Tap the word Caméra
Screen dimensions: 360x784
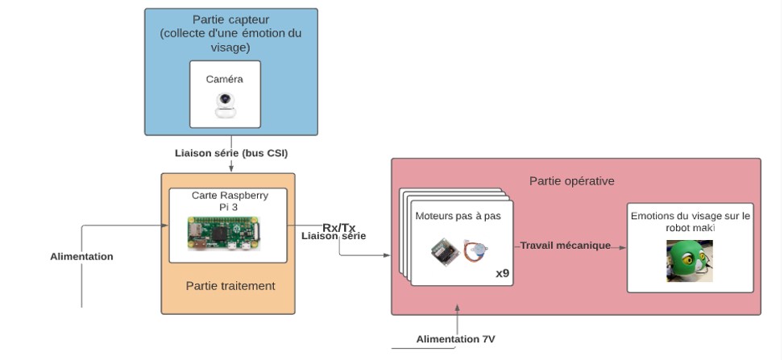225,80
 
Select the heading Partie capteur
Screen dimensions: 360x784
230,19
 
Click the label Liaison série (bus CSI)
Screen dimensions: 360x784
231,152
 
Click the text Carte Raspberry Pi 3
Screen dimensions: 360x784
230,201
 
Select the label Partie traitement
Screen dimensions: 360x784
230,285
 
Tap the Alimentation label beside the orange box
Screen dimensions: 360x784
81,256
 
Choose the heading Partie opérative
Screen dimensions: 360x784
571,180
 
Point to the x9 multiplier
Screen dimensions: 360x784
502,273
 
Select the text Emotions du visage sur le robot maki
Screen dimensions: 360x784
690,221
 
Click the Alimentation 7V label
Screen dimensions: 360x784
455,339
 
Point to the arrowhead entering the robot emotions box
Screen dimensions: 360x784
623,248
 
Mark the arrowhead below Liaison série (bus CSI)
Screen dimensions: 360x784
232,169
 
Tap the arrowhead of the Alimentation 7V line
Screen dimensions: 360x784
457,308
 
